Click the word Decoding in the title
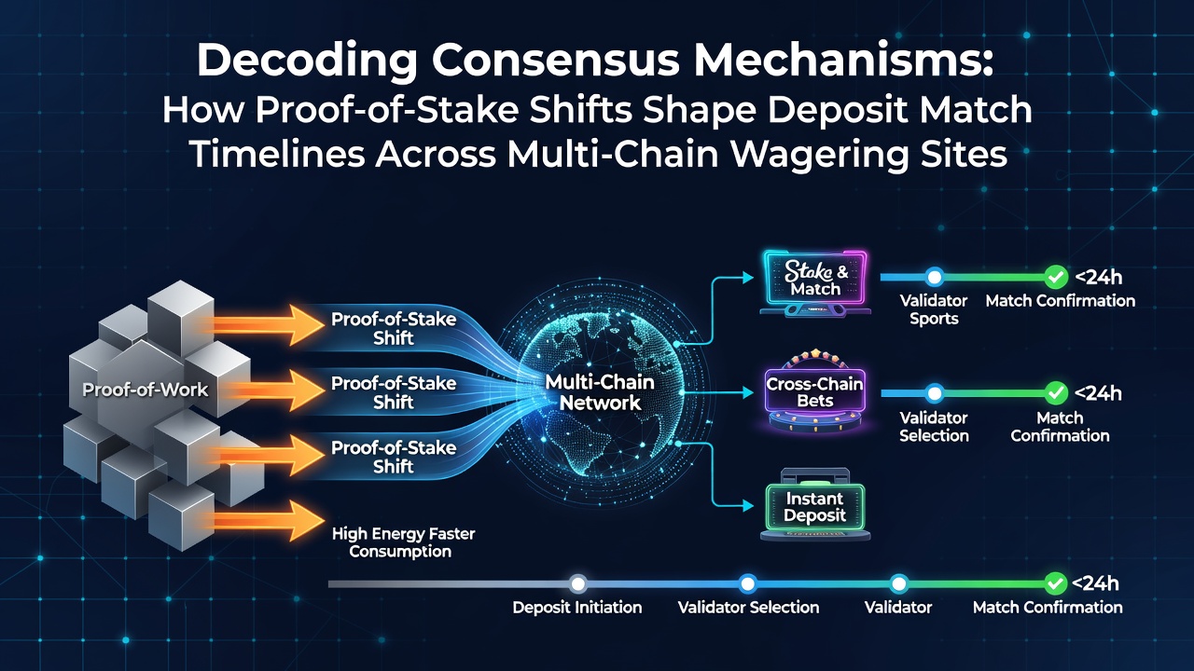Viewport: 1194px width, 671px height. tap(307, 62)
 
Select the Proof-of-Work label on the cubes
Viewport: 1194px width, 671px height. tap(145, 390)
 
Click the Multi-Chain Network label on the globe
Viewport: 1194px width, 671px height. tap(600, 392)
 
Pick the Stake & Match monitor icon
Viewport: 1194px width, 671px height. tap(815, 283)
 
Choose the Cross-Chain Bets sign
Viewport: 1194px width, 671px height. tap(815, 391)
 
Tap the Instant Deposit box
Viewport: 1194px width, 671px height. tap(815, 506)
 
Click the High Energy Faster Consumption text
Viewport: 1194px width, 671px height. tap(403, 542)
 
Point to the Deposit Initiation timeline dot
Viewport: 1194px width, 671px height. tap(577, 583)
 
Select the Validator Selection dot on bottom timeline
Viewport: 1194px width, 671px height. tap(748, 583)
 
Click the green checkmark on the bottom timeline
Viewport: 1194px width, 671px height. tap(1055, 583)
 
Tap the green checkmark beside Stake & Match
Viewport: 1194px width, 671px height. tap(1055, 277)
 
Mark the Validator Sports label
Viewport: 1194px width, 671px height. tap(934, 309)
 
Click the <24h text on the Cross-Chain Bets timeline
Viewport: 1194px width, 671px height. tap(1098, 393)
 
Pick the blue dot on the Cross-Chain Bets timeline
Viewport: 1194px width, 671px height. tap(935, 393)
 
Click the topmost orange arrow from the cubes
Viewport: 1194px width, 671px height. tap(261, 325)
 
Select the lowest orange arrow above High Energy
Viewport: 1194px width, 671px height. tap(261, 521)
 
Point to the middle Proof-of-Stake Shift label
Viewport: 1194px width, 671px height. tap(394, 392)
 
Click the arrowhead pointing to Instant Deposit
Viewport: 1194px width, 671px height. tap(748, 506)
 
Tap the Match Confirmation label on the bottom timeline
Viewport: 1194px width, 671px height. tap(1048, 607)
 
